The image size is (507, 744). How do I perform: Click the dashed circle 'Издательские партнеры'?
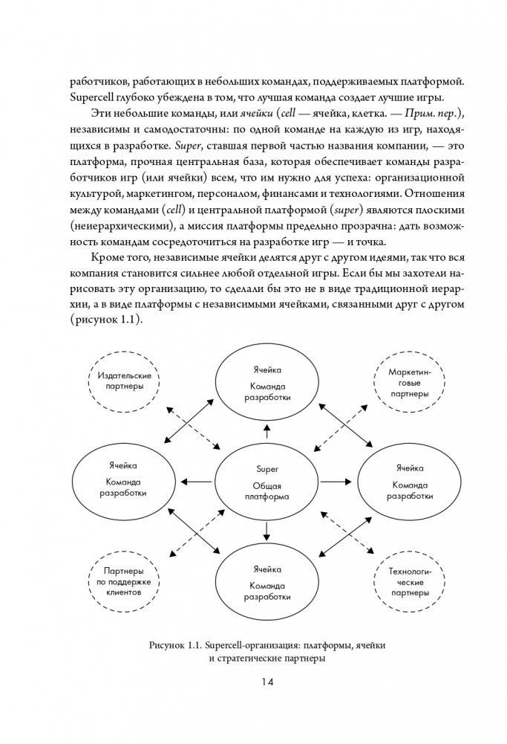coord(120,381)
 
